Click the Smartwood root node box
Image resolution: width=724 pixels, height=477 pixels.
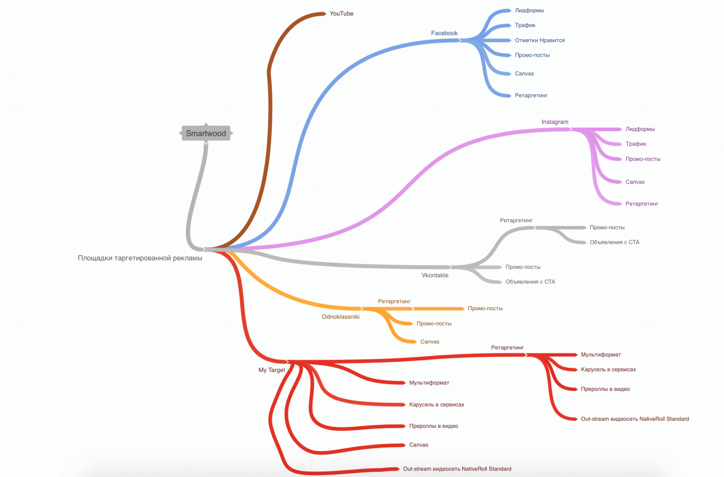pyautogui.click(x=206, y=133)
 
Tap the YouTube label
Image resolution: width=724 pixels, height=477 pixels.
pyautogui.click(x=341, y=14)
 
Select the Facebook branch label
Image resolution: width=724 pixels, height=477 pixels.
pyautogui.click(x=444, y=33)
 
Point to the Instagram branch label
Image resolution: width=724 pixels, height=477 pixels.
pyautogui.click(x=555, y=122)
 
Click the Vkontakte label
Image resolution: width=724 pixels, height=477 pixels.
pyautogui.click(x=435, y=275)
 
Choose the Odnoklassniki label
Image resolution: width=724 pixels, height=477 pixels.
pyautogui.click(x=340, y=317)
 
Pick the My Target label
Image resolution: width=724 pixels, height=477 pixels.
pyautogui.click(x=272, y=370)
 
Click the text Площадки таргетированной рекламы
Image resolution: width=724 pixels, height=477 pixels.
pyautogui.click(x=140, y=258)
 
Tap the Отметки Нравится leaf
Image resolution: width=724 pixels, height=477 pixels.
pyautogui.click(x=540, y=41)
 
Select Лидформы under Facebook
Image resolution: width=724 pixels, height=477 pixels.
pyautogui.click(x=529, y=11)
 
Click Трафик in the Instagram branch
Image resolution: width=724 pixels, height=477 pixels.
pyautogui.click(x=636, y=144)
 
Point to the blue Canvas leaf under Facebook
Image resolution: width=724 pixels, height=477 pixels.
pyautogui.click(x=524, y=74)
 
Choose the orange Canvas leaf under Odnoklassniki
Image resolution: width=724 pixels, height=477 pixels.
pyautogui.click(x=430, y=342)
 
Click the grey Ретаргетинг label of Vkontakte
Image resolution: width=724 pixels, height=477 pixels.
pyautogui.click(x=516, y=221)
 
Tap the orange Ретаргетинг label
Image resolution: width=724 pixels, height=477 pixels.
pyautogui.click(x=394, y=302)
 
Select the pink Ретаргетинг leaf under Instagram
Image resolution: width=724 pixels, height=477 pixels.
pyautogui.click(x=642, y=204)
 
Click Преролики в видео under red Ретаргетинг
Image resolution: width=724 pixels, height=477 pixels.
pyautogui.click(x=605, y=389)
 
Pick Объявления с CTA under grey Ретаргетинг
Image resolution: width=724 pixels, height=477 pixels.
pyautogui.click(x=615, y=242)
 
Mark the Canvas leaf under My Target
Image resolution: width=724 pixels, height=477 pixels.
pyautogui.click(x=418, y=445)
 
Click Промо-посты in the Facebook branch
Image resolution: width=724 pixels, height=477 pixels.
pyautogui.click(x=532, y=55)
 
